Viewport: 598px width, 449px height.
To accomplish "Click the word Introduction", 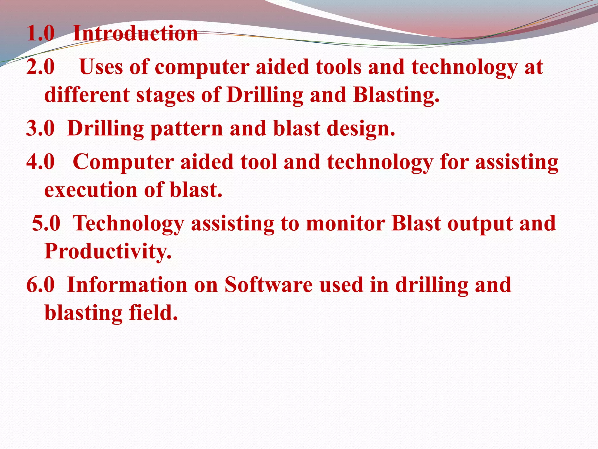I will click(x=135, y=33).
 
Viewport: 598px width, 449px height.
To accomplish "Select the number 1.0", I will click(x=41, y=33).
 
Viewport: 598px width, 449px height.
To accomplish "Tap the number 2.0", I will click(x=41, y=67).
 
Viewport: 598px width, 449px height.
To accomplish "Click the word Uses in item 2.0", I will click(x=101, y=67).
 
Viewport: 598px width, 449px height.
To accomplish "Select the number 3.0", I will click(x=41, y=128).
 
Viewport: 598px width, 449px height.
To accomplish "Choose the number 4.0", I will click(x=41, y=162).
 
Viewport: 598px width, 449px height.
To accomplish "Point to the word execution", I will click(x=91, y=190).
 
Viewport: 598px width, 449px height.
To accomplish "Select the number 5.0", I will click(x=46, y=223).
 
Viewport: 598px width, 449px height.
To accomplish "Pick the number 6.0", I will click(x=41, y=285).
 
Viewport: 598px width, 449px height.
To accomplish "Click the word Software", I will click(x=268, y=285).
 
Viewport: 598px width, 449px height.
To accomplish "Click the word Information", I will click(x=127, y=285).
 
